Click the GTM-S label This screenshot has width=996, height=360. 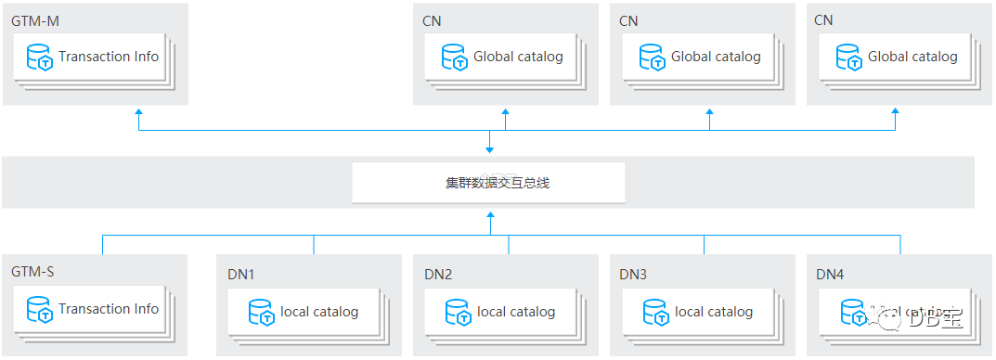[32, 273]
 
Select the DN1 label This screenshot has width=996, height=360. [240, 274]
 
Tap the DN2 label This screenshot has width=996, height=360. [438, 274]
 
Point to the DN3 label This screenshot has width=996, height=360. [634, 274]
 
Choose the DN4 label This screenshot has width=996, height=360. [830, 274]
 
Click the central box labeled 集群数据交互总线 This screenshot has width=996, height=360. [488, 183]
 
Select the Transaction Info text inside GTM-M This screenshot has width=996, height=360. [109, 57]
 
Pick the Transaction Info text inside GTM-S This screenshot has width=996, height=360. [109, 309]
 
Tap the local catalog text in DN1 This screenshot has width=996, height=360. [319, 312]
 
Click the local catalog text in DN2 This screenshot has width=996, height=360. [516, 312]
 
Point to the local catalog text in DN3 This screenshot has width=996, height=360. [714, 312]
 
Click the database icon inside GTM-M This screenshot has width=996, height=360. [40, 58]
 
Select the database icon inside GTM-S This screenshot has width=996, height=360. [40, 310]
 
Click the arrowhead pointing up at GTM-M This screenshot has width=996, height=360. [139, 112]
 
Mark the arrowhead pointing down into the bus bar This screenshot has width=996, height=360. [489, 148]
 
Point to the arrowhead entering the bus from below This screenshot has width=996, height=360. [489, 215]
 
